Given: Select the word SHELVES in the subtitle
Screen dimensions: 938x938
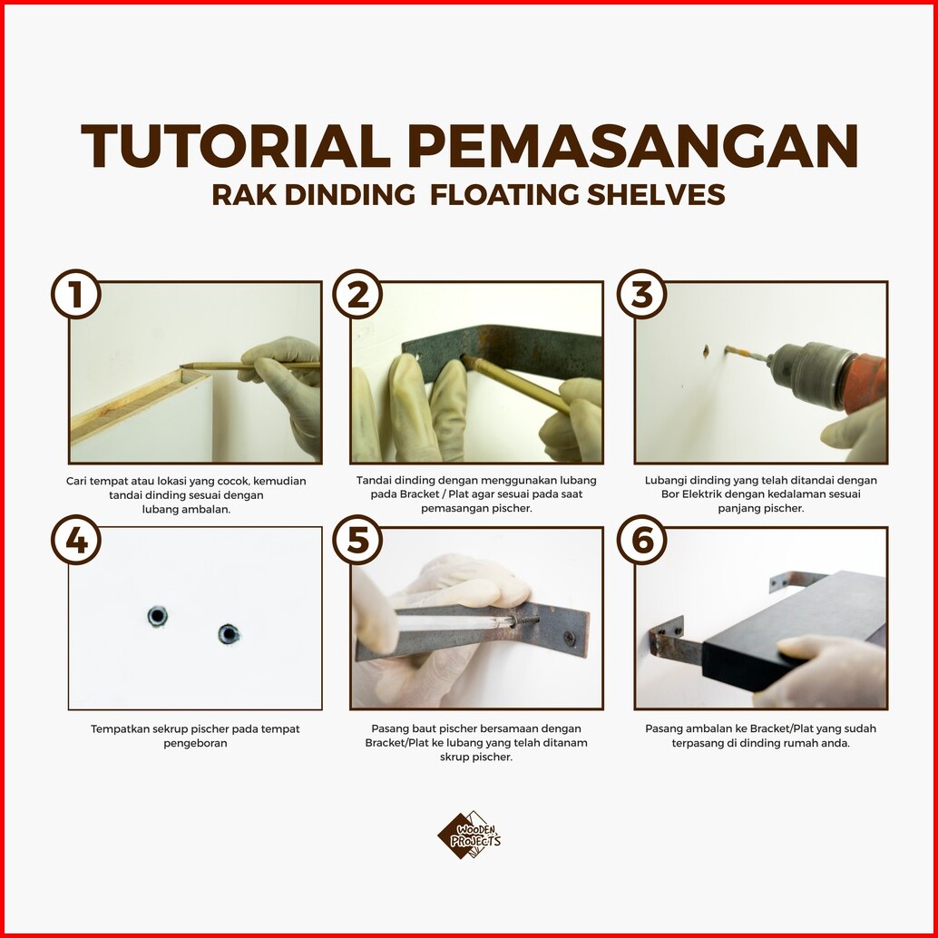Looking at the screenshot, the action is click(x=656, y=195).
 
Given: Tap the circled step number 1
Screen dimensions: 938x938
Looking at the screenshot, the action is click(x=76, y=294).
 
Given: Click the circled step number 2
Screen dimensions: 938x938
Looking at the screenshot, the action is click(x=357, y=294).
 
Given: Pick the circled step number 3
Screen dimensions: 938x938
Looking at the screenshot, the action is click(x=642, y=294).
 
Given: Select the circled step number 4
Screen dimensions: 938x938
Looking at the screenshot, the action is click(x=76, y=540).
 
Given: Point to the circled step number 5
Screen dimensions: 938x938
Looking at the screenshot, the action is click(x=357, y=540).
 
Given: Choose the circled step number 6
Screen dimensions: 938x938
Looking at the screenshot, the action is click(x=642, y=540).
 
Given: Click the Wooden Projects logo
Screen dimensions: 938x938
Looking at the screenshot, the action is click(x=469, y=835).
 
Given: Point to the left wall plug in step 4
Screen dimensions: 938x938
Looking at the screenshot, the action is click(x=157, y=616).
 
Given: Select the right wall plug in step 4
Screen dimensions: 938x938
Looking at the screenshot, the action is click(x=229, y=634).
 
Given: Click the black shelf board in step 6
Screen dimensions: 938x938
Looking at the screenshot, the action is click(x=793, y=628).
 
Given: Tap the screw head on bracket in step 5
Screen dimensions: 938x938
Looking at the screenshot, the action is click(x=569, y=638).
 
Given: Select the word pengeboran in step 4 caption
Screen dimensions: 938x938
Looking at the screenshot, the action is click(x=196, y=744).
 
